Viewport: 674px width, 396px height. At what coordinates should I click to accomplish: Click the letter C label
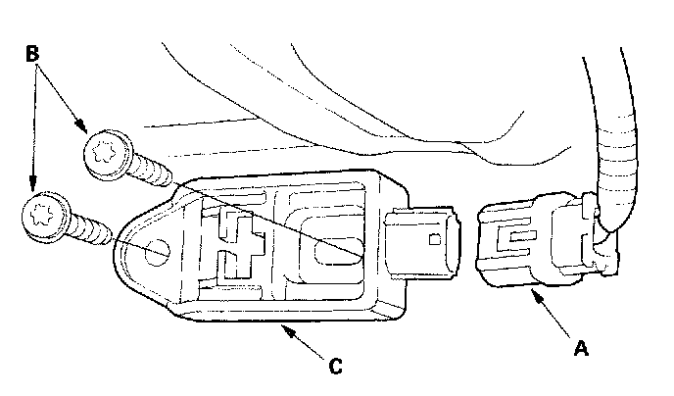click(x=335, y=367)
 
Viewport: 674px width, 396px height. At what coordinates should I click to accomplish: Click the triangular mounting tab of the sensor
click(x=147, y=245)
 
